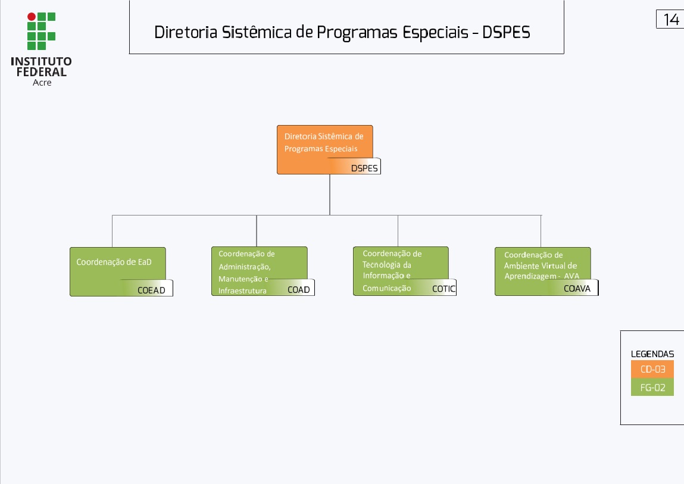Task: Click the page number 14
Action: (671, 20)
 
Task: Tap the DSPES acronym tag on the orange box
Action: (364, 168)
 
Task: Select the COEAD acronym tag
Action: (151, 291)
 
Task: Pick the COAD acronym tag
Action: (299, 290)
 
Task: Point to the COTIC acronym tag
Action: (443, 289)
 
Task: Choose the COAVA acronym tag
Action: (577, 289)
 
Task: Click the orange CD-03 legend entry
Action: (652, 369)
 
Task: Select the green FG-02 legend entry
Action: (652, 388)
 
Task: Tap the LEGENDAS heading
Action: (652, 354)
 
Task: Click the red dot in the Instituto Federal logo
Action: (32, 17)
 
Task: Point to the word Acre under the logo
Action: (42, 83)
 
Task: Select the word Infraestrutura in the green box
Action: (242, 291)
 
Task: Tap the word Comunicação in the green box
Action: (387, 288)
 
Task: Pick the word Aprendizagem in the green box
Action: (529, 276)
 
